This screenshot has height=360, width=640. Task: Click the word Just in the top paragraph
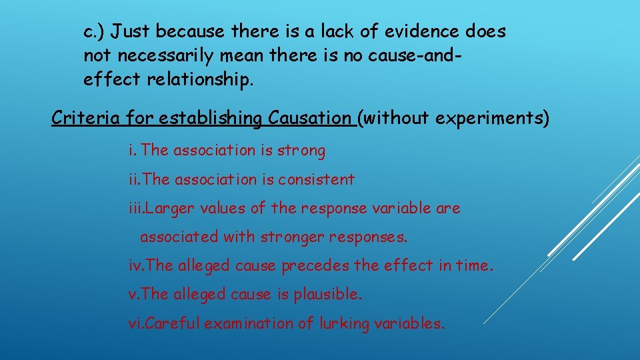pyautogui.click(x=131, y=31)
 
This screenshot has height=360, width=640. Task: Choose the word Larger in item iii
pyautogui.click(x=165, y=208)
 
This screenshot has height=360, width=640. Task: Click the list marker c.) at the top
pyautogui.click(x=95, y=31)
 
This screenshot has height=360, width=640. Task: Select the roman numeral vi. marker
pyautogui.click(x=136, y=324)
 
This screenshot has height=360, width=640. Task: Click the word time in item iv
pyautogui.click(x=475, y=266)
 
